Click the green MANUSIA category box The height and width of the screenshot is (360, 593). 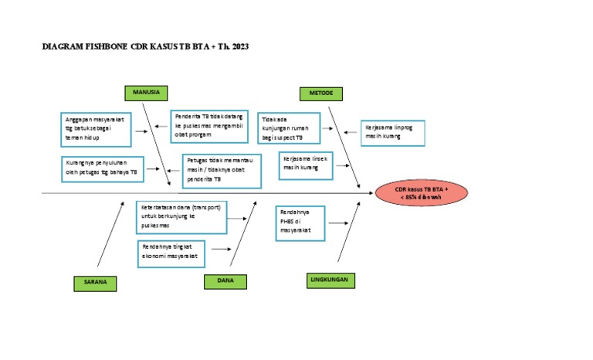(146, 93)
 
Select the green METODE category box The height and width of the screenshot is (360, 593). (321, 93)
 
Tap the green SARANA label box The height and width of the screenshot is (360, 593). (96, 284)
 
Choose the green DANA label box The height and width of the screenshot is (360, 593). (225, 281)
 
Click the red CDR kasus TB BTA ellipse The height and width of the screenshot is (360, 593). (421, 193)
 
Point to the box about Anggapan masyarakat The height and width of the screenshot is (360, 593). (97, 128)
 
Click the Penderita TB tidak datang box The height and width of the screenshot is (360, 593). (210, 126)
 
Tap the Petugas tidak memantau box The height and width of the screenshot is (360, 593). (223, 171)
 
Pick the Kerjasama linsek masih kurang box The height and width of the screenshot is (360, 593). (306, 165)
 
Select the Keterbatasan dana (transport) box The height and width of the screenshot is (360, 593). (182, 217)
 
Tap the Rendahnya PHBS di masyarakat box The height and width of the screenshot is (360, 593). (300, 223)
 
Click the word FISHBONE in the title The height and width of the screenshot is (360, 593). (103, 47)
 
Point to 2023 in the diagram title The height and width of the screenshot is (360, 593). (238, 47)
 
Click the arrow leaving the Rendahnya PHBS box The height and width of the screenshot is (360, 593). (337, 223)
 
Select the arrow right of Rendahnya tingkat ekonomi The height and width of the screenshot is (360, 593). (222, 250)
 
